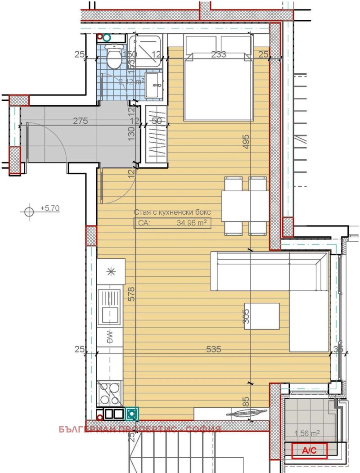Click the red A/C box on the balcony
309,450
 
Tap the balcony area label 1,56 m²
307,433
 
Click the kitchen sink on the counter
109,306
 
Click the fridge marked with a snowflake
110,271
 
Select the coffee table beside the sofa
261,316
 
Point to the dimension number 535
213,349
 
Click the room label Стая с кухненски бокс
171,212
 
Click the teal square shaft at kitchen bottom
132,413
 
